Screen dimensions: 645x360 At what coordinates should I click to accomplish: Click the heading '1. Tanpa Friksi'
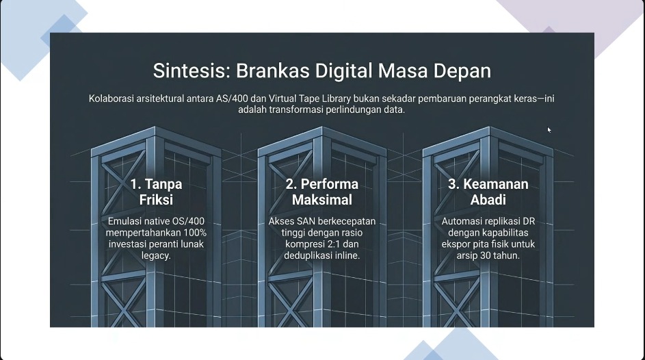point(157,192)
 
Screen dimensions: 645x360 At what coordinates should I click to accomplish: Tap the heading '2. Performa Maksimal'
point(322,192)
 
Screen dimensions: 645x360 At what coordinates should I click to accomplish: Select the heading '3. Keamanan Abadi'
point(488,192)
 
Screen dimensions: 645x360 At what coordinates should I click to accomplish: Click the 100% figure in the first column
point(195,233)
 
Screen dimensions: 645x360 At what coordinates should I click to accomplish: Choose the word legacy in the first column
point(157,255)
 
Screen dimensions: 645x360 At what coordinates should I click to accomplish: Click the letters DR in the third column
point(529,221)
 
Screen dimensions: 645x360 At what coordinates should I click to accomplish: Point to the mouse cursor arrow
point(549,130)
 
